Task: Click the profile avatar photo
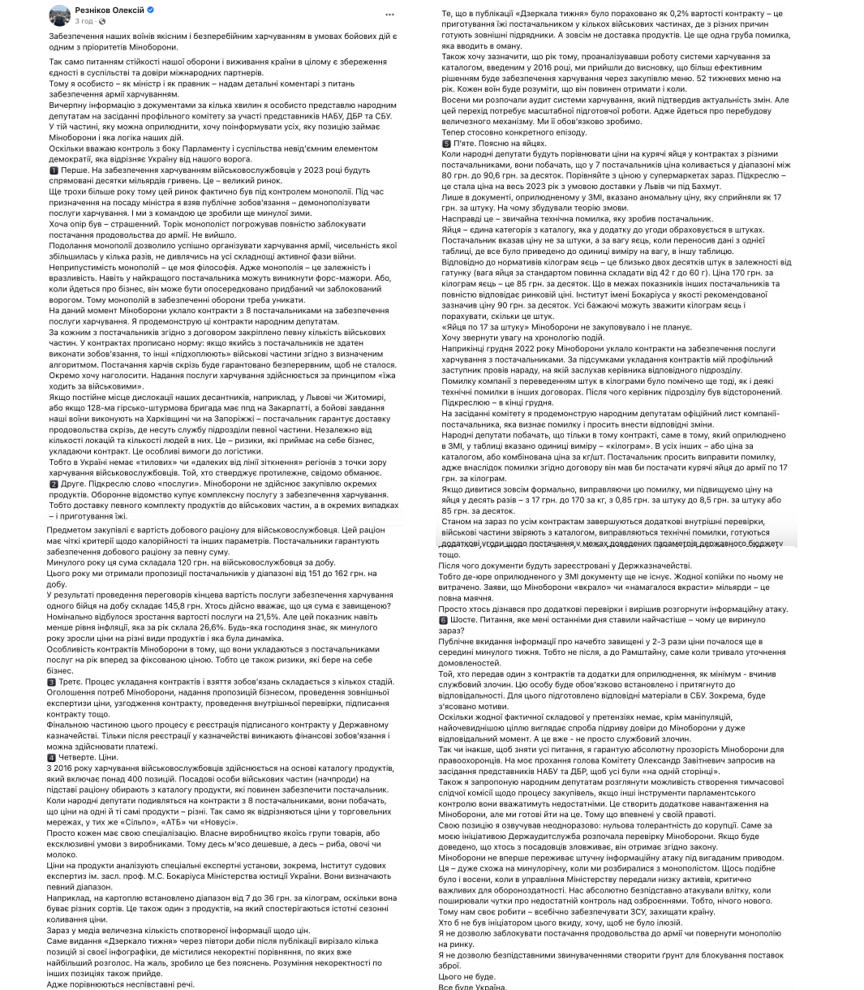59,15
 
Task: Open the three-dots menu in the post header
389,15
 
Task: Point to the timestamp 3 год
83,20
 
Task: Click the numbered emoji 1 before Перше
54,171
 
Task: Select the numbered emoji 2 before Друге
54,484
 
